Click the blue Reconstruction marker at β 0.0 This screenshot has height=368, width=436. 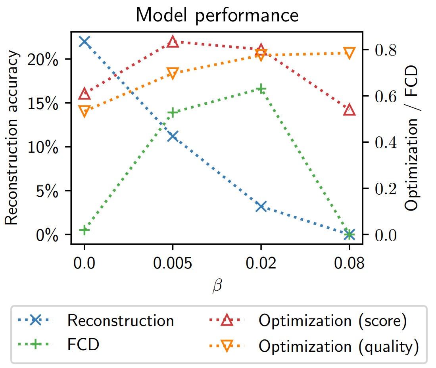click(84, 42)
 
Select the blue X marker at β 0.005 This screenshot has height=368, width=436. click(173, 136)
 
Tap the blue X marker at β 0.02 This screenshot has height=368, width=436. click(261, 206)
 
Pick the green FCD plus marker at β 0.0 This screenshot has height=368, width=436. click(84, 230)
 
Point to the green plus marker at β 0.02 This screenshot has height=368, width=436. click(261, 89)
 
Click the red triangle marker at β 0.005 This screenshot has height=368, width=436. click(173, 42)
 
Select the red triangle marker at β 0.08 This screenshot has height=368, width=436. click(349, 110)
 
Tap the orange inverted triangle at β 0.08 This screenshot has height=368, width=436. click(349, 53)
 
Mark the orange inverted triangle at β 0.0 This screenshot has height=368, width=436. click(84, 111)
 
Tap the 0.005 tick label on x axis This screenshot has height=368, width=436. click(173, 263)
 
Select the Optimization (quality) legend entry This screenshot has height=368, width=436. click(339, 347)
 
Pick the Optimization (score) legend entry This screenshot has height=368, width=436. click(332, 321)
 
